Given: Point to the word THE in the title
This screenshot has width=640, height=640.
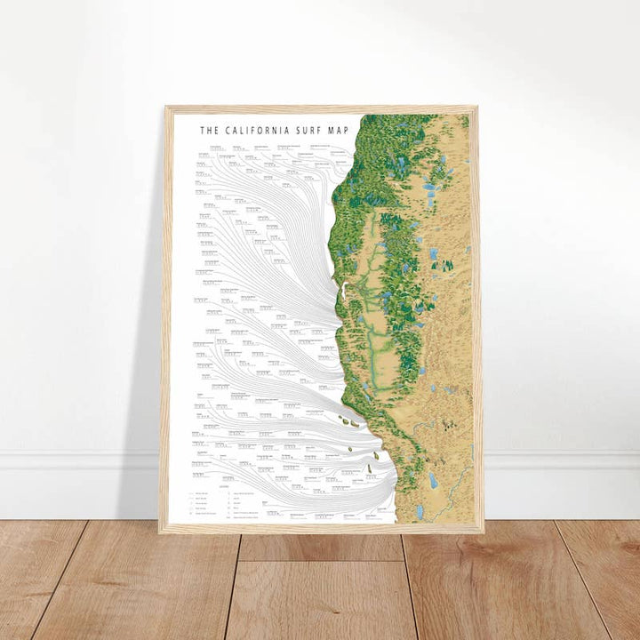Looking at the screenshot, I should click(209, 130).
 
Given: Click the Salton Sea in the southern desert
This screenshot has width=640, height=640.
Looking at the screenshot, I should click(432, 481).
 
